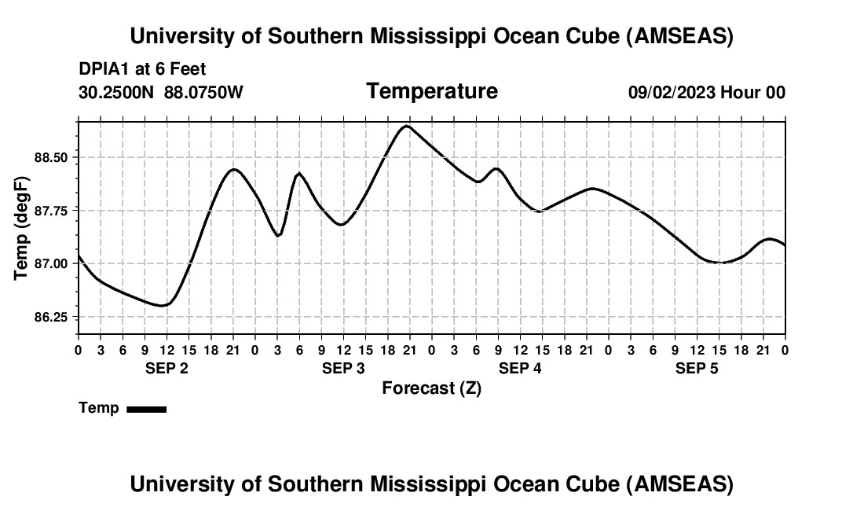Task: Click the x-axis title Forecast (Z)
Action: pyautogui.click(x=431, y=388)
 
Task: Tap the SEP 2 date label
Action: pyautogui.click(x=167, y=369)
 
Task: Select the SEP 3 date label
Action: pyautogui.click(x=343, y=369)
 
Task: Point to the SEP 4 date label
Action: pyautogui.click(x=520, y=369)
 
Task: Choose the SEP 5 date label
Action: pyautogui.click(x=697, y=369)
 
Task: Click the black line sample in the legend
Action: pyautogui.click(x=146, y=409)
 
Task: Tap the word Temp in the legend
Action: pyautogui.click(x=99, y=408)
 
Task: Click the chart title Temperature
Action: pyautogui.click(x=432, y=91)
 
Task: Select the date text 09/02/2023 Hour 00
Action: pyautogui.click(x=707, y=93)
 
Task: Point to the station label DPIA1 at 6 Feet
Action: pyautogui.click(x=142, y=69)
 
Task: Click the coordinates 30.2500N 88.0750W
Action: pyautogui.click(x=161, y=93)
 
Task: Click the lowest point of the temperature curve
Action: pyautogui.click(x=163, y=305)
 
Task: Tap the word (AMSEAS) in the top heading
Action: pyautogui.click(x=680, y=36)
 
